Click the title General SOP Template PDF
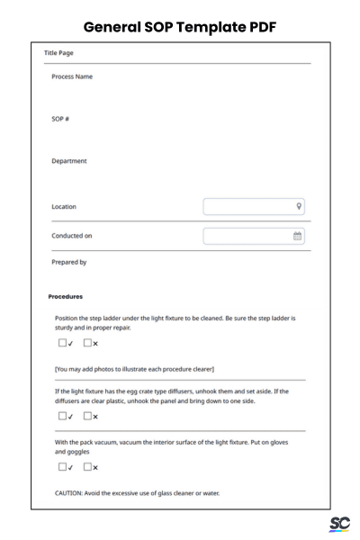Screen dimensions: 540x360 coord(180,27)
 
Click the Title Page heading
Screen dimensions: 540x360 coord(60,53)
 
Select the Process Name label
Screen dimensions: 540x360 coord(72,76)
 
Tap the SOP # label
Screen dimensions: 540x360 coord(61,120)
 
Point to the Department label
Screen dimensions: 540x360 coord(69,162)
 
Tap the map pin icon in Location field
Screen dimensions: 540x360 coord(298,206)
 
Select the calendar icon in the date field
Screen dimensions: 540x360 coord(298,236)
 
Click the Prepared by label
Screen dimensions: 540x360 coord(70,263)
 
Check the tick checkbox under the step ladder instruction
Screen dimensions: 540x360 coord(63,343)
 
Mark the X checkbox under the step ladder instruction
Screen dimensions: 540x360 coord(88,343)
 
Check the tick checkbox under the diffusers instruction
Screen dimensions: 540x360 coord(63,416)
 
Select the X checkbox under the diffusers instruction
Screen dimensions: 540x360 coord(88,416)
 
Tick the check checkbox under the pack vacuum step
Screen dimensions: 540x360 coord(63,467)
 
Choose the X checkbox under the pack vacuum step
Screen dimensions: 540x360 coord(88,467)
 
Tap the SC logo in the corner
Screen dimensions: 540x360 coord(339,524)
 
